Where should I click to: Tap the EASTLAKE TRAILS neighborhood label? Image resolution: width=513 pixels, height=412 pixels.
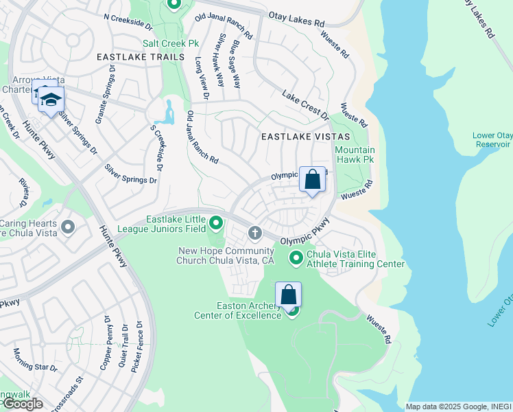coord(141,57)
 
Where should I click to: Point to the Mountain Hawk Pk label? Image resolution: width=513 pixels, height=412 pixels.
coord(355,154)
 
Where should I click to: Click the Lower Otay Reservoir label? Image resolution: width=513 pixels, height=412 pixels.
coord(492,140)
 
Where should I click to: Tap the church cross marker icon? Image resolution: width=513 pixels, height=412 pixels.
coord(255,233)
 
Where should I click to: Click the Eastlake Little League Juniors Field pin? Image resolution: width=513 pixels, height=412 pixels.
coord(216,222)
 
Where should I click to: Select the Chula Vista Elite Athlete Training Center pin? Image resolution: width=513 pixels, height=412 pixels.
coord(296,258)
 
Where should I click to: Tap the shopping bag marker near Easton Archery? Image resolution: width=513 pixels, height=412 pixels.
coord(289,295)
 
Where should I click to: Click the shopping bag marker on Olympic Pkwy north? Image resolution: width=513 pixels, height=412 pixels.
coord(312,180)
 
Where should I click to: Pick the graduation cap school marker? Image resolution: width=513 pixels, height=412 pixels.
coord(50,100)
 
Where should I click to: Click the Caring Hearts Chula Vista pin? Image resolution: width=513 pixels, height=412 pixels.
coord(67,227)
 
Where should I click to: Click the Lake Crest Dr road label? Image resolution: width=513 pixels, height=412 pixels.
coord(306,104)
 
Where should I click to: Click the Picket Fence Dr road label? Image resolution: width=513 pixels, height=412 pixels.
coord(140,344)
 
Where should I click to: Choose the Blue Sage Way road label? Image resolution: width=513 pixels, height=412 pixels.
coord(236,64)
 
